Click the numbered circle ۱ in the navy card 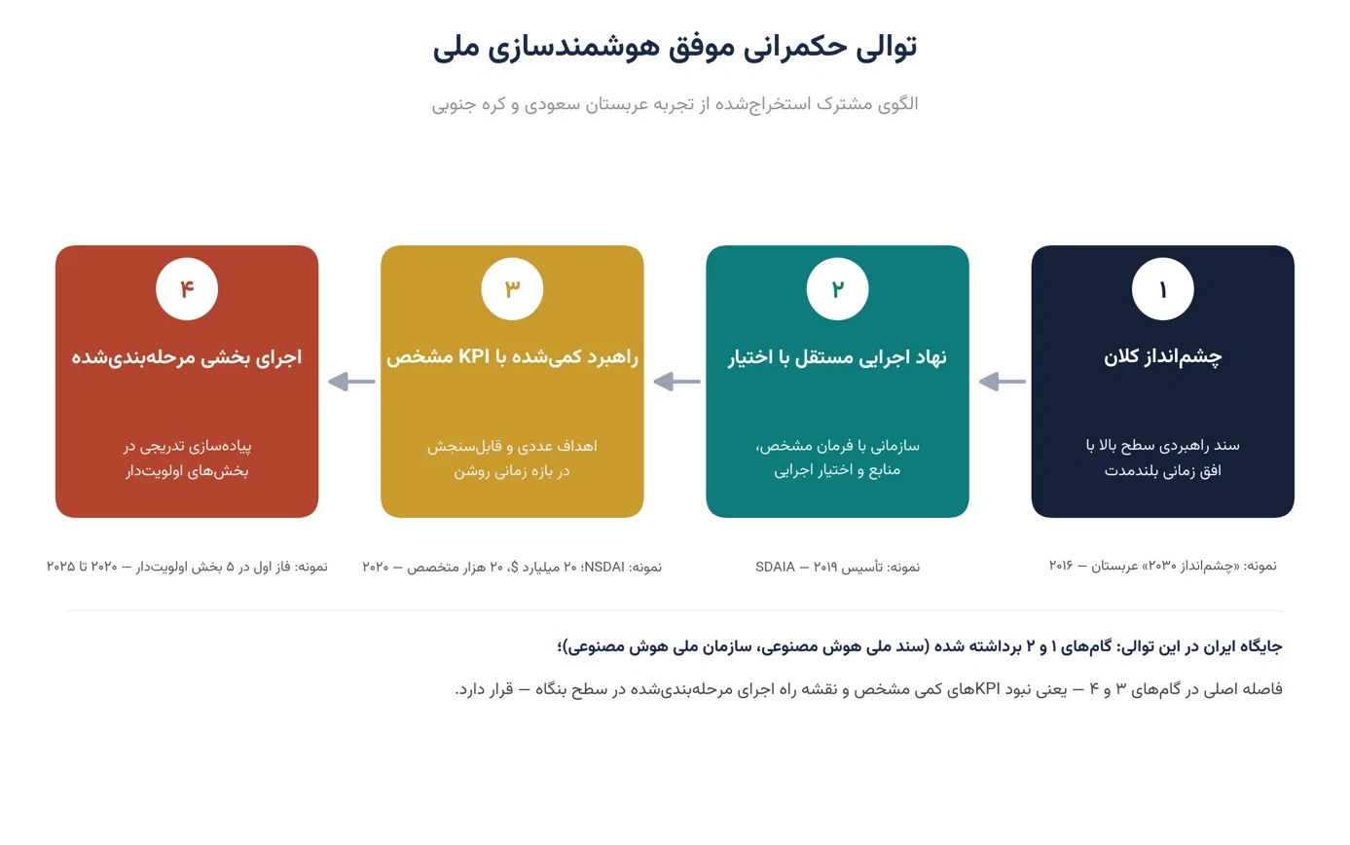pos(1162,289)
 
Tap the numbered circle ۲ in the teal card pos(837,289)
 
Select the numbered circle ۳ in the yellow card pos(512,289)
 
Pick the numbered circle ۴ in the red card pos(186,289)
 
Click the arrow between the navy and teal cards pos(1003,382)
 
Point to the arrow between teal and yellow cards pos(676,382)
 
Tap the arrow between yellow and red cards pos(351,382)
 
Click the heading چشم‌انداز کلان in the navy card pos(1162,357)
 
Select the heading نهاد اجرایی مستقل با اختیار pos(837,357)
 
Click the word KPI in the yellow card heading pos(474,356)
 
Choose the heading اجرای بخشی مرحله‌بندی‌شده pos(186,357)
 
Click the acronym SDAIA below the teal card pos(775,568)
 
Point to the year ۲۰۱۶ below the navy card pos(1061,566)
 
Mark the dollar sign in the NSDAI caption pos(514,568)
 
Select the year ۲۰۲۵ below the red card pos(60,567)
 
